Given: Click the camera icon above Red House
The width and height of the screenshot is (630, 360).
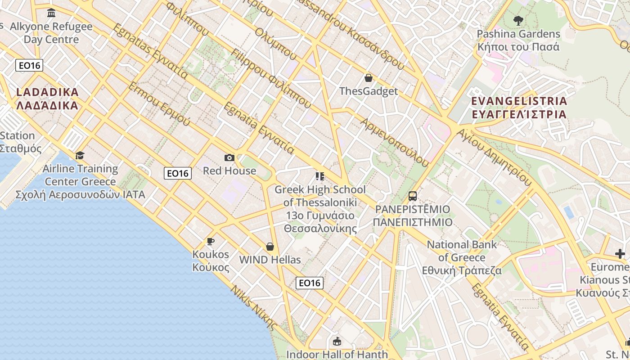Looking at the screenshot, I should pos(229,157).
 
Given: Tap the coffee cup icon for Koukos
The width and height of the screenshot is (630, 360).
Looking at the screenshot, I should pos(210,241).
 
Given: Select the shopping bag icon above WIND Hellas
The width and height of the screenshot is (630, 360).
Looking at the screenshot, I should pos(270,247).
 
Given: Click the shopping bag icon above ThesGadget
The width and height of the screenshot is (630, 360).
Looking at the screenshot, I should pos(368,78).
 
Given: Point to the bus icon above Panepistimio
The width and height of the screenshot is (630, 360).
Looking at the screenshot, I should pos(412,196).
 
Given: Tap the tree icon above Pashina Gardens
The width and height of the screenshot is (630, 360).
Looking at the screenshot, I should pos(518,20).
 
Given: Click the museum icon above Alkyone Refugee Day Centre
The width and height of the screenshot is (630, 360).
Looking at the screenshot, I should pos(51,13).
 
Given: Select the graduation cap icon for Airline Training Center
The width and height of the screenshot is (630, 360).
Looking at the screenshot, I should pos(80,155).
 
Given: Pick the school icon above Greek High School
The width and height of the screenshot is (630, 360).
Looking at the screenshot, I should pos(320,176).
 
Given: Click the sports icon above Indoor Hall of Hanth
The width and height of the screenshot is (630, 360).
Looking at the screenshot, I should pos(337,342).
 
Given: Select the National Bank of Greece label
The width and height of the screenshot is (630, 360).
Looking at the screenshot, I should pos(462,257).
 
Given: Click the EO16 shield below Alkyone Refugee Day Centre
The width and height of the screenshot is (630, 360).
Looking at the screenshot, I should pos(29,65).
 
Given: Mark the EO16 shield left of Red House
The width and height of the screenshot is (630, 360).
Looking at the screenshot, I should pos(178,173).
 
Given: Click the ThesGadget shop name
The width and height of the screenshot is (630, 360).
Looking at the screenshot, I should pos(369,91).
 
